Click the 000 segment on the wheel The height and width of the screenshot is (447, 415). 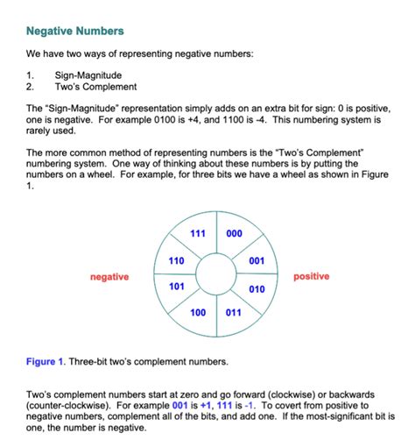pos(233,234)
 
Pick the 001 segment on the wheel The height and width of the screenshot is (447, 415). pos(257,260)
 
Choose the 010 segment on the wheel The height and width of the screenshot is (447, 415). pos(257,288)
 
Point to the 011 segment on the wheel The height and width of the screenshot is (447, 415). pos(233,313)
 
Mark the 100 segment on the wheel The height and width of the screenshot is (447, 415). pos(198,313)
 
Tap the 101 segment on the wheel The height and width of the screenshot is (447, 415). pos(176,287)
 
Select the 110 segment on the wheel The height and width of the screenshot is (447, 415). pos(176,260)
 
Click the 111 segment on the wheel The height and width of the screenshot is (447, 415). pos(198,234)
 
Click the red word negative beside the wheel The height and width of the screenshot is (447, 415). pos(109,277)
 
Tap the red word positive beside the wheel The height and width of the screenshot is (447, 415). pos(312,277)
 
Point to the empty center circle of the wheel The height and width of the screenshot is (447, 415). pos(215,273)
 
